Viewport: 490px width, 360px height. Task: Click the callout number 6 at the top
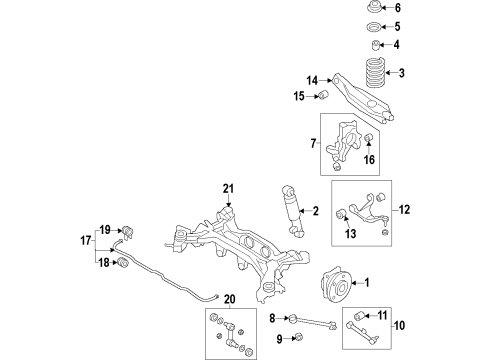[x=396, y=8]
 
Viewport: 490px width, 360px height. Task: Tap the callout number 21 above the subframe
[x=228, y=190]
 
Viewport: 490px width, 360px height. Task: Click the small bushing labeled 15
[x=324, y=96]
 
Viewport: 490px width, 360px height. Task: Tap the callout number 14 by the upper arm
[x=313, y=80]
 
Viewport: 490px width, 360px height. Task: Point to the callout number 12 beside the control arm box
[x=405, y=210]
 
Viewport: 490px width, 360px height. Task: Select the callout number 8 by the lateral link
[x=271, y=319]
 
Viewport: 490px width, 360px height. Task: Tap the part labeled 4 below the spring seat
[x=372, y=45]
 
